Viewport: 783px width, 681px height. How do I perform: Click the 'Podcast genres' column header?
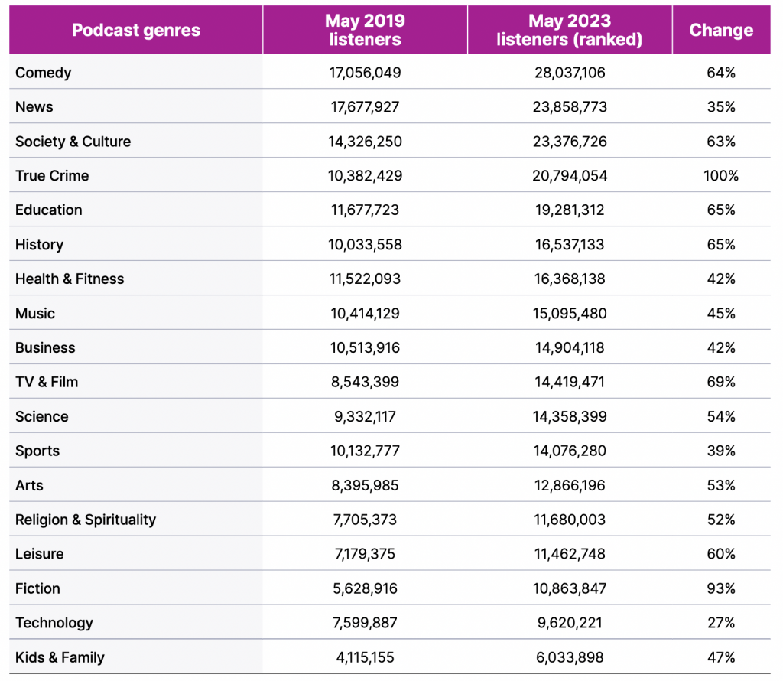(x=136, y=30)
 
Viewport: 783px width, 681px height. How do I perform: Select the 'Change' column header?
(x=721, y=30)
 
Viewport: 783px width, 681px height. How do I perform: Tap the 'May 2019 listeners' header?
(x=365, y=30)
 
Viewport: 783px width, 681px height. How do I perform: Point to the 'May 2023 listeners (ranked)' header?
(x=569, y=30)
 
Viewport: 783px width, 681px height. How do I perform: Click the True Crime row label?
(x=52, y=175)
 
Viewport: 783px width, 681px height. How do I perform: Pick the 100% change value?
(x=721, y=175)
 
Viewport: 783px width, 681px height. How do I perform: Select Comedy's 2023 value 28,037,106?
(x=570, y=73)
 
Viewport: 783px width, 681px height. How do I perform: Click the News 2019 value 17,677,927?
(x=365, y=107)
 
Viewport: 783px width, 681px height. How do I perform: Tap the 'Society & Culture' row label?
(x=73, y=142)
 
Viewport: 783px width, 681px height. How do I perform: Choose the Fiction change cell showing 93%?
(x=721, y=588)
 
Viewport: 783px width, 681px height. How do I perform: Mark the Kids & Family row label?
(x=60, y=657)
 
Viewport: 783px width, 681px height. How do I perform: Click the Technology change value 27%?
(x=721, y=623)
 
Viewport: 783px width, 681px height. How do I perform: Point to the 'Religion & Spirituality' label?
(x=86, y=520)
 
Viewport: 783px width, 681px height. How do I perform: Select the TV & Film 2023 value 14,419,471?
(x=570, y=382)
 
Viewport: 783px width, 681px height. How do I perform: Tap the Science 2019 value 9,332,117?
(x=365, y=416)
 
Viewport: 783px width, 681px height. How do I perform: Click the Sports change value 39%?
(x=721, y=451)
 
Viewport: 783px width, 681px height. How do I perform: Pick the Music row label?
(x=35, y=313)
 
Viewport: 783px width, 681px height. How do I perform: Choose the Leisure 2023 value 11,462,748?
(x=570, y=553)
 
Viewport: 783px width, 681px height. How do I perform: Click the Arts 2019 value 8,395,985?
(x=365, y=485)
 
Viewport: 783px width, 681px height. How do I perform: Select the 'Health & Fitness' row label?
(x=70, y=279)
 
